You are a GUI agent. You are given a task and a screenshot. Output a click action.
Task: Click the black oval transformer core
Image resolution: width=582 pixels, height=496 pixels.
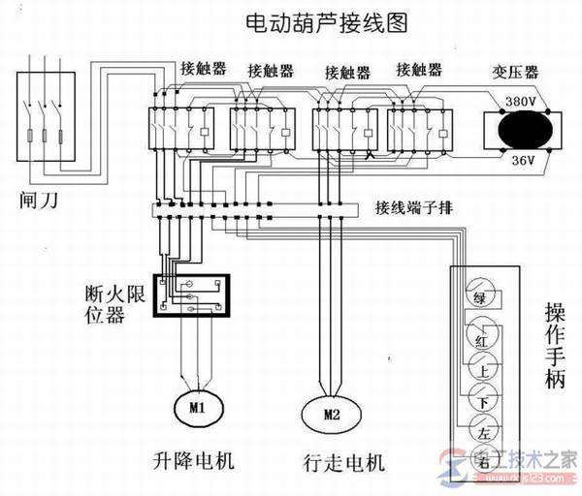click(x=522, y=130)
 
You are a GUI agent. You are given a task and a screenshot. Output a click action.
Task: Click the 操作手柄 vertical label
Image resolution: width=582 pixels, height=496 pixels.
click(x=555, y=345)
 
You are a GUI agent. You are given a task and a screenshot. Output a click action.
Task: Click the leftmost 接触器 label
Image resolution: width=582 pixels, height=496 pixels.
click(x=203, y=70)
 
